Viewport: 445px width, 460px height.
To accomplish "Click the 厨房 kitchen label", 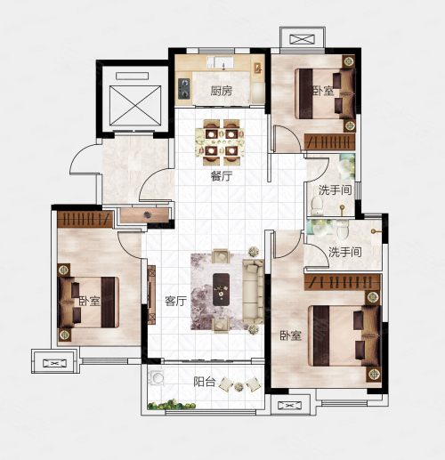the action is [222, 91].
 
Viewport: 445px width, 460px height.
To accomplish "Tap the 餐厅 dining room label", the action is [222, 176].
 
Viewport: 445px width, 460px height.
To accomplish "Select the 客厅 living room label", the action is [176, 301].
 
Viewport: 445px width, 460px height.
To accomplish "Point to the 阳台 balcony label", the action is [205, 382].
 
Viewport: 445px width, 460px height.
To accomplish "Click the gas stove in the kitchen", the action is [184, 88].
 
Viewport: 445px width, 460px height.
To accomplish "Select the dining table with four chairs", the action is [220, 142].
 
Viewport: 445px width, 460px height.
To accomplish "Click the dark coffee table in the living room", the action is [221, 289].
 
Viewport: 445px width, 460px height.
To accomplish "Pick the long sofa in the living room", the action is [253, 292].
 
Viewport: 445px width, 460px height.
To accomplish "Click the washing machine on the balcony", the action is [157, 378].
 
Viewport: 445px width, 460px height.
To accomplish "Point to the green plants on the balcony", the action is [172, 405].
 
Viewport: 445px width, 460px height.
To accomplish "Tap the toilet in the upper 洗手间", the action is [317, 206].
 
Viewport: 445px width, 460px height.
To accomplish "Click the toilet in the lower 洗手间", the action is [343, 230].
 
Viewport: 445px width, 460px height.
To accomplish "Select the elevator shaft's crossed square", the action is [135, 106].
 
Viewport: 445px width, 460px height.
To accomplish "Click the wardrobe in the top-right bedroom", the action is [329, 141].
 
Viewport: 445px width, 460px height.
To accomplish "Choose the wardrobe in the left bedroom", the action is [85, 219].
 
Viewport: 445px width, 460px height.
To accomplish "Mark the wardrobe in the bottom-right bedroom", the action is [343, 282].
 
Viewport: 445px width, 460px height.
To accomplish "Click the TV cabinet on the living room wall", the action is [151, 295].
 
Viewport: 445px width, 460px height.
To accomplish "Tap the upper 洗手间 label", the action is [336, 190].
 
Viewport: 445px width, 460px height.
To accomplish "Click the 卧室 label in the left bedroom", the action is [90, 301].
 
